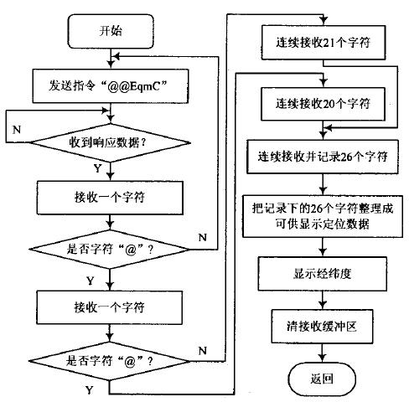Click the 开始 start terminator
point(111,31)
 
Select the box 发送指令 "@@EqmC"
point(111,86)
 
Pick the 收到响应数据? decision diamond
point(110,142)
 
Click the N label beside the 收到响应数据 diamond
point(17,130)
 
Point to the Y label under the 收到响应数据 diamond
point(97,168)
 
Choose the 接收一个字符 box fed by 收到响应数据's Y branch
point(110,198)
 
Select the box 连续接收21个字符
point(324,43)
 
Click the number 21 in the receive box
point(329,43)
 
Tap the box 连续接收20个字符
point(323,104)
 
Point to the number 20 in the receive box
point(329,104)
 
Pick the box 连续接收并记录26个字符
point(323,157)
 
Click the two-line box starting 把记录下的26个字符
point(323,217)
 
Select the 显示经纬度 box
point(323,274)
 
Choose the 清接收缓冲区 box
point(322,327)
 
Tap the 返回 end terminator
point(322,379)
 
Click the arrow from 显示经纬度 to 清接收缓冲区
point(323,300)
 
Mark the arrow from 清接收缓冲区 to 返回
point(323,353)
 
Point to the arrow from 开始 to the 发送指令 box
point(111,59)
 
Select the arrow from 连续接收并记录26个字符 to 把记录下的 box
point(323,184)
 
